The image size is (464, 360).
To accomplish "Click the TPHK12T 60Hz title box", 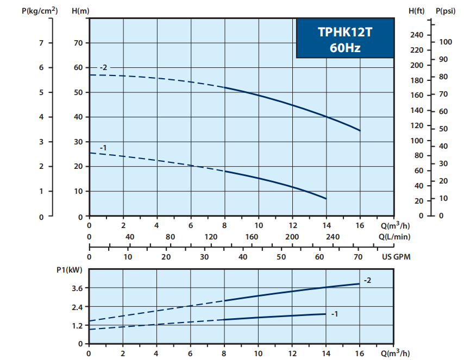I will (344, 39).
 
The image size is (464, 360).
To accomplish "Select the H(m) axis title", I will (80, 10).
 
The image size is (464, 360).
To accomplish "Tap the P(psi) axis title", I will (445, 10).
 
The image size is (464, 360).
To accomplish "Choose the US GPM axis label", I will (397, 257).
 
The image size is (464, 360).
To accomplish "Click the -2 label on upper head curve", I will (103, 67).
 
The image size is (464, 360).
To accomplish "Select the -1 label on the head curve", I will (103, 148).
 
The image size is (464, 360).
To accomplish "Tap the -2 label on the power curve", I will (367, 280).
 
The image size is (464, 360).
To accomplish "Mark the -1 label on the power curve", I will (334, 314).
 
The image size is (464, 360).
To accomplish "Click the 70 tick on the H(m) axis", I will (78, 43).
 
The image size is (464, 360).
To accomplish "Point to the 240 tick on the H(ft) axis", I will (416, 35).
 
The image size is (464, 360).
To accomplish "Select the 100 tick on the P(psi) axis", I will (446, 42).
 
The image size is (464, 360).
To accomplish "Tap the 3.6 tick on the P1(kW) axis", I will (77, 288).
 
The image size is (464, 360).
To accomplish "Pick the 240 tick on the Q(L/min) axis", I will (333, 237).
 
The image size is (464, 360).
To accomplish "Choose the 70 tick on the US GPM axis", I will (358, 257).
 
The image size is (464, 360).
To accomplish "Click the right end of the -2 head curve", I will (360, 130).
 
